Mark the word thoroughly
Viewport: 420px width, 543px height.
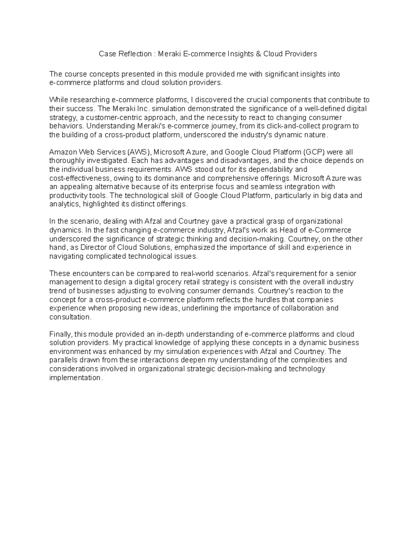click(67, 161)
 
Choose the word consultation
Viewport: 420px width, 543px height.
click(70, 317)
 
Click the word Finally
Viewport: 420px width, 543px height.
click(61, 334)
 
